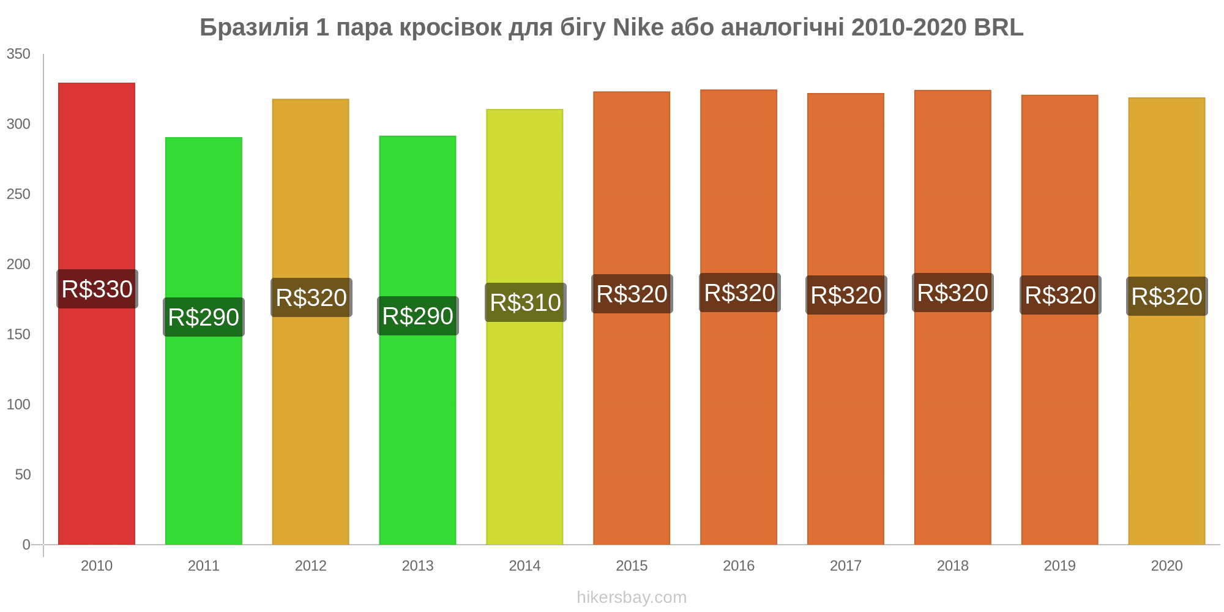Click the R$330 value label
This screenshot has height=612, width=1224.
97,289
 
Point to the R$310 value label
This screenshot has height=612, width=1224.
526,302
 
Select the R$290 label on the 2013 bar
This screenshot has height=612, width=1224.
418,316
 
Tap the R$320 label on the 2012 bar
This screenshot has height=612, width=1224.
312,297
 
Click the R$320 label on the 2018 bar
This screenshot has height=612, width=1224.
953,293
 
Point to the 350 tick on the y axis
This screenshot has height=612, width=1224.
18,54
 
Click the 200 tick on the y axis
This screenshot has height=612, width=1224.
18,264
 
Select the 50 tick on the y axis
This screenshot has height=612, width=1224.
23,474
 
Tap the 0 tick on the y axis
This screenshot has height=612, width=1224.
26,545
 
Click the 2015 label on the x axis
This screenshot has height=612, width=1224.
632,565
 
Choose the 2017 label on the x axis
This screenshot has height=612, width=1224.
846,565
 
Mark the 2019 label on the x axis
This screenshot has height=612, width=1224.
1059,565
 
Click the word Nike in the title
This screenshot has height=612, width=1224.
638,28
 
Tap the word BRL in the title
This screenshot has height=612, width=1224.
998,28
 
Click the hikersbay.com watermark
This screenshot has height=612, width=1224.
632,597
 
